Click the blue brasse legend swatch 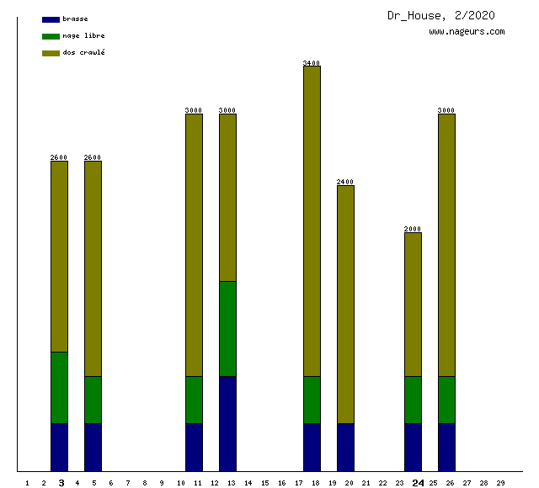(x=51, y=19)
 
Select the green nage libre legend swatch (x=51, y=36)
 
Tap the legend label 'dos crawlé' (x=83, y=53)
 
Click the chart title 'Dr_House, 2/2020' (x=440, y=15)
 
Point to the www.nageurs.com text (x=467, y=32)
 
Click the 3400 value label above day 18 (x=312, y=63)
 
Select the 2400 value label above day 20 (x=345, y=182)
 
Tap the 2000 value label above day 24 (x=413, y=229)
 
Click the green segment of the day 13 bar (x=227, y=328)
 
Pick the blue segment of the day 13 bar (x=227, y=423)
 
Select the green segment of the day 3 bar (x=59, y=387)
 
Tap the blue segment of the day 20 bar (x=345, y=447)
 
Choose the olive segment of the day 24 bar (x=413, y=304)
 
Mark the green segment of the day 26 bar (x=446, y=400)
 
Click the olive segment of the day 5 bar (x=93, y=268)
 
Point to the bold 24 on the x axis (x=418, y=483)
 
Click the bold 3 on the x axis (x=61, y=483)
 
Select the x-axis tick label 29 (x=500, y=483)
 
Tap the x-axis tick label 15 (x=264, y=483)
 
